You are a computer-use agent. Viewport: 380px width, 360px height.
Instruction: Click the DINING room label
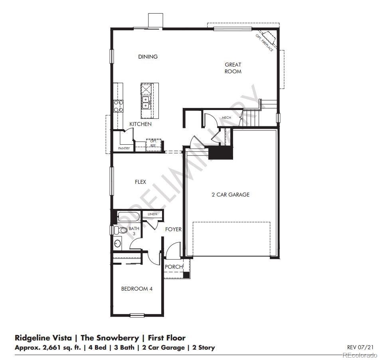click(148, 57)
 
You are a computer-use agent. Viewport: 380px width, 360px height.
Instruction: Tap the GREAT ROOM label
click(233, 68)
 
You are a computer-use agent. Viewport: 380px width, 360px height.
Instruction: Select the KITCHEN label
click(140, 124)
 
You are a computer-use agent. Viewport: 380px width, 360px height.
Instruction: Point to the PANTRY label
click(124, 148)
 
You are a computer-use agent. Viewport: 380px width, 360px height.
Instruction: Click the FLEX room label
click(140, 182)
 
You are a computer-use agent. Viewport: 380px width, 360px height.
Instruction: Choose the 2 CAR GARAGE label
click(230, 195)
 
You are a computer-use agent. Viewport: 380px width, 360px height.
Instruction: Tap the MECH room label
click(226, 118)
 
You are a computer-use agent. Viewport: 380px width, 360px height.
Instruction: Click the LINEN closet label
click(152, 214)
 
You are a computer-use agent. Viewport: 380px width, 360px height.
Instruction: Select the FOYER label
click(174, 229)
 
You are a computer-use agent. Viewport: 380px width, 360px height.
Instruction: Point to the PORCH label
click(174, 266)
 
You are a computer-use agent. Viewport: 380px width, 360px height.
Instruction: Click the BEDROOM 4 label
click(137, 289)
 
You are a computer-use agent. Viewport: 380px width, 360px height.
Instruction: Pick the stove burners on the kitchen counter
click(119, 106)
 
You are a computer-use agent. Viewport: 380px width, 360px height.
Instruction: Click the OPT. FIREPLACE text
click(265, 43)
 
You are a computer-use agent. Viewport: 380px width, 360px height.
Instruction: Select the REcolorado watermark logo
click(358, 355)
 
